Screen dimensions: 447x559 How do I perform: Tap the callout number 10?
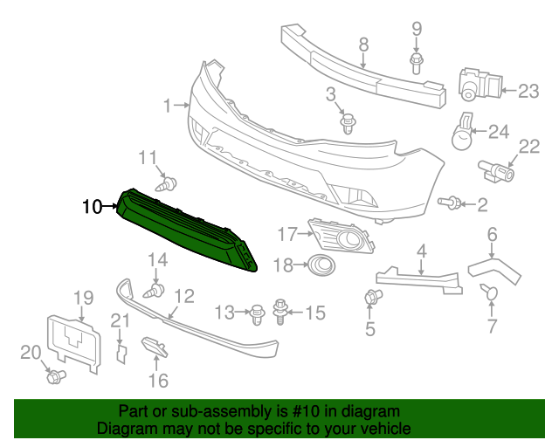pos(92,207)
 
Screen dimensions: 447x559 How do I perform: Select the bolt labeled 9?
pos(416,60)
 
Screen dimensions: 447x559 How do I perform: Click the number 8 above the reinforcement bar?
pos(363,45)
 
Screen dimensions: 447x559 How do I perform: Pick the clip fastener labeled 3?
pos(349,124)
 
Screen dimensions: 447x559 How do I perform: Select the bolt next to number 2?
pos(451,203)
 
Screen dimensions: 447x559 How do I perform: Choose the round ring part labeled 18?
pos(321,265)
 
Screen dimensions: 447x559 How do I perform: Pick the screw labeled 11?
pos(166,184)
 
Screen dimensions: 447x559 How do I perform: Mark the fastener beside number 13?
pos(257,311)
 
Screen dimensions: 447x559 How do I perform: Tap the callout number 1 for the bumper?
pos(168,107)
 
